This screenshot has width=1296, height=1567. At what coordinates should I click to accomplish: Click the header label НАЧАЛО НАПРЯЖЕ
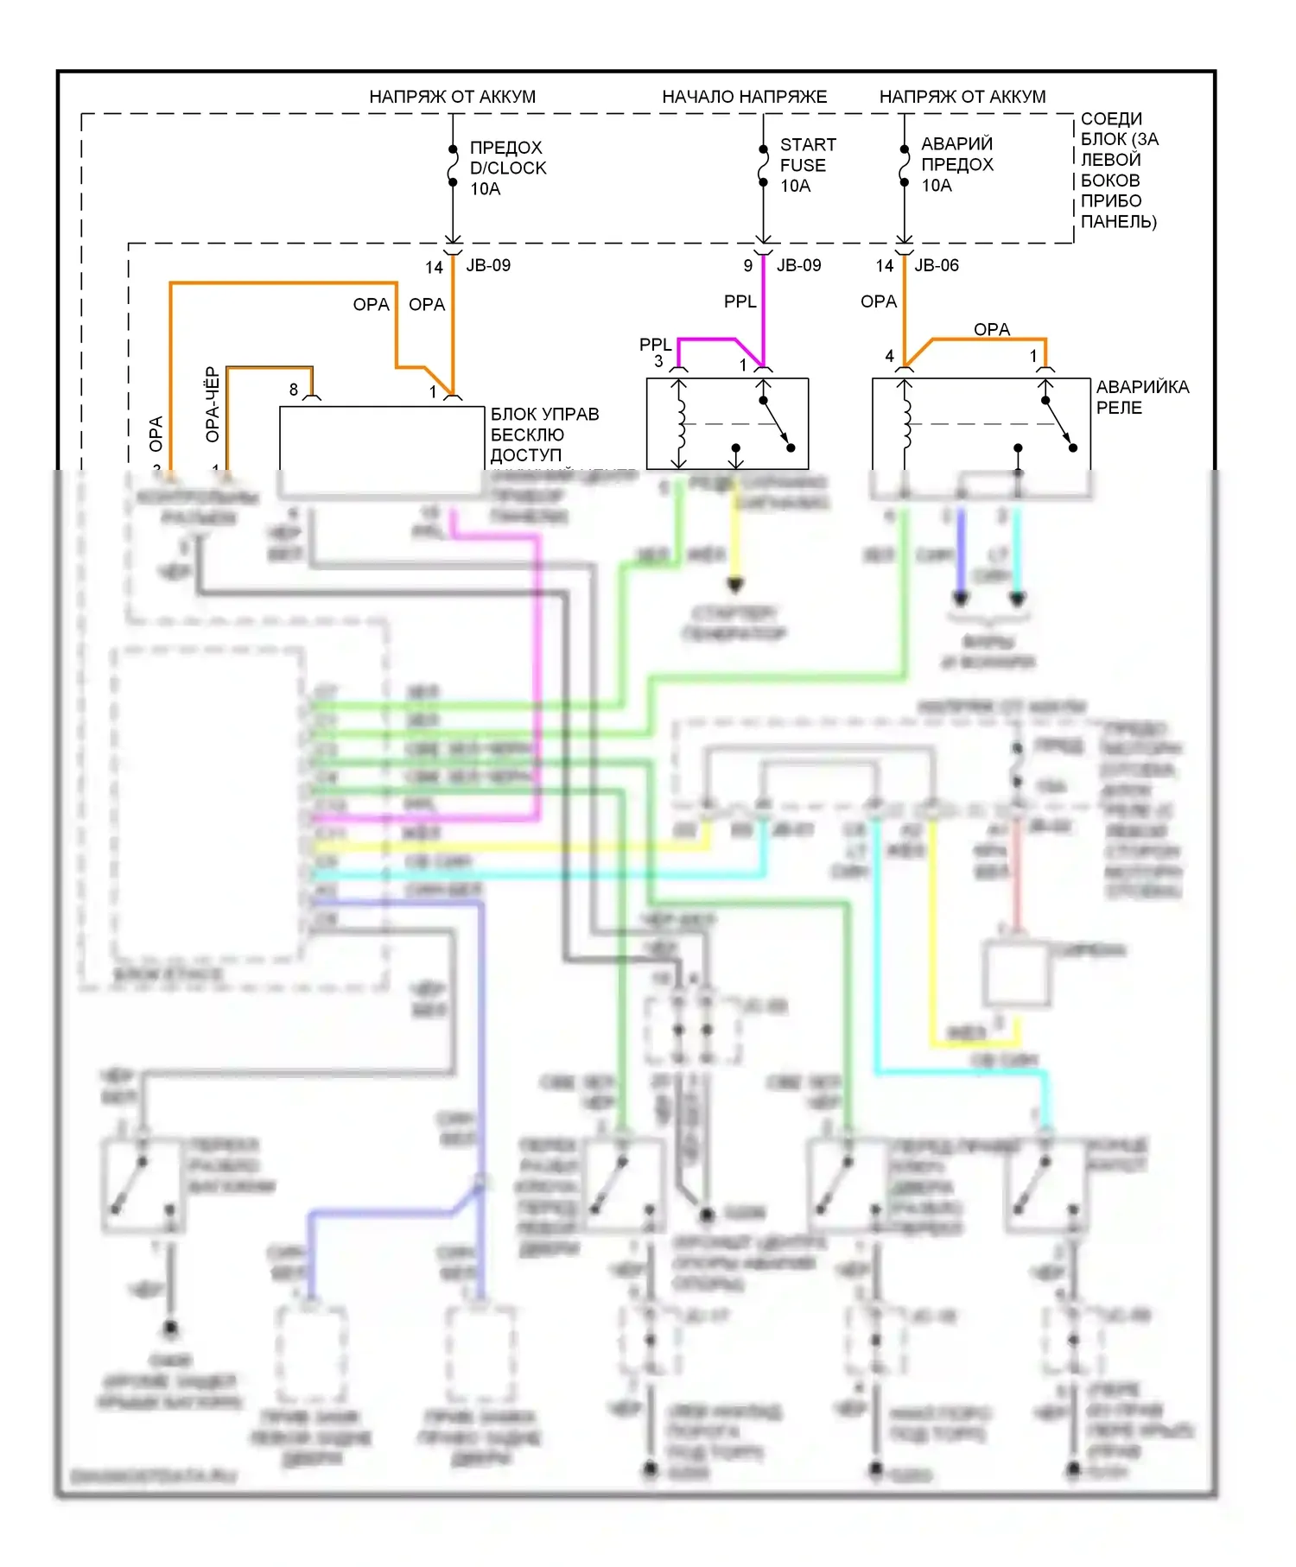click(x=744, y=97)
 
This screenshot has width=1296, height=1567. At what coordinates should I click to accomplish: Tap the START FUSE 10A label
click(x=807, y=165)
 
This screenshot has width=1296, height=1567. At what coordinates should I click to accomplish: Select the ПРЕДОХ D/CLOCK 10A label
click(x=507, y=168)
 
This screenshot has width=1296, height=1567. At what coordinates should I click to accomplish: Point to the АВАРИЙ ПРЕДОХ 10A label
click(x=956, y=164)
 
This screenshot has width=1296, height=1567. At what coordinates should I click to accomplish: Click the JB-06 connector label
click(x=937, y=265)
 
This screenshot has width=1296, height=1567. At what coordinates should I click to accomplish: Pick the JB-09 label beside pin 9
click(x=798, y=265)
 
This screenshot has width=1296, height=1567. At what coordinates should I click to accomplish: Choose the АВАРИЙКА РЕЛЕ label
click(x=1141, y=397)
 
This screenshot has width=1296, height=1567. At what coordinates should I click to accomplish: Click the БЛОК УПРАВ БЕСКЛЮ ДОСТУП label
click(x=543, y=435)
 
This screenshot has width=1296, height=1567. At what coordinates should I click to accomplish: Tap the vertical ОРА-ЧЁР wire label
click(x=212, y=405)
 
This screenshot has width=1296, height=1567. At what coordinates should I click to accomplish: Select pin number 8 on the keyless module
click(x=294, y=390)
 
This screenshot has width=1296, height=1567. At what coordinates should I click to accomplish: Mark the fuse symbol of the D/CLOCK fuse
click(x=453, y=166)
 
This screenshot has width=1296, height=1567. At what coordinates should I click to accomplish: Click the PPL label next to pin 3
click(x=655, y=345)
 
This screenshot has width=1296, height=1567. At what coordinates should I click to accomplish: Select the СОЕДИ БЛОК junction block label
click(x=1119, y=170)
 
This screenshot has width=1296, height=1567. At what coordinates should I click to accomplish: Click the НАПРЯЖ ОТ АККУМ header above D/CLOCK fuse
click(x=452, y=97)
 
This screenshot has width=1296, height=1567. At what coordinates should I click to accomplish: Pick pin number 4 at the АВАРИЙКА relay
click(x=889, y=356)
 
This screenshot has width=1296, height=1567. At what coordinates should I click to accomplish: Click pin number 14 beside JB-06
click(x=884, y=266)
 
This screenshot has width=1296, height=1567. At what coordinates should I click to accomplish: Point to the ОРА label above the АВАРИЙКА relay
click(x=991, y=329)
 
